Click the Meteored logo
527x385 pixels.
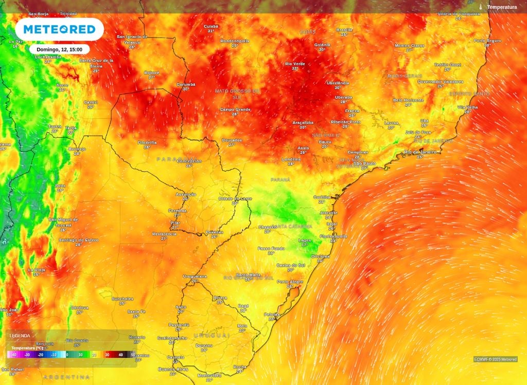[x=59, y=29]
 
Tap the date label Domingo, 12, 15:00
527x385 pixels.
[x=60, y=49]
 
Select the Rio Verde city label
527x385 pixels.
[x=295, y=64]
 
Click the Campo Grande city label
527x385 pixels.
[x=235, y=109]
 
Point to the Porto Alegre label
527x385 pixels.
[x=290, y=282]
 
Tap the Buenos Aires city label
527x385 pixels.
[x=173, y=369]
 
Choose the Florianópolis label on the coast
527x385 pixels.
[x=333, y=236]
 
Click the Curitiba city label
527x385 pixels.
[x=322, y=197]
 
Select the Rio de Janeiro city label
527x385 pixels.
[x=420, y=152]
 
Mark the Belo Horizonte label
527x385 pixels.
[x=409, y=100]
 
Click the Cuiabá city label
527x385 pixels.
[x=210, y=26]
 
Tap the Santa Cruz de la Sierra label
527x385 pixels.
[x=96, y=63]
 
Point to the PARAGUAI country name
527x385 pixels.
[x=176, y=159]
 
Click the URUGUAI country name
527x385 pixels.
[x=212, y=335]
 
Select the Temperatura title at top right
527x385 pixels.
[x=501, y=7]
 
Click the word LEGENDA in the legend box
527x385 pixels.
[x=20, y=336]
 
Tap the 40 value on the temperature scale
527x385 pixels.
[x=120, y=355]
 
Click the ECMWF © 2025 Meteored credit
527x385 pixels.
[x=495, y=359]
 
